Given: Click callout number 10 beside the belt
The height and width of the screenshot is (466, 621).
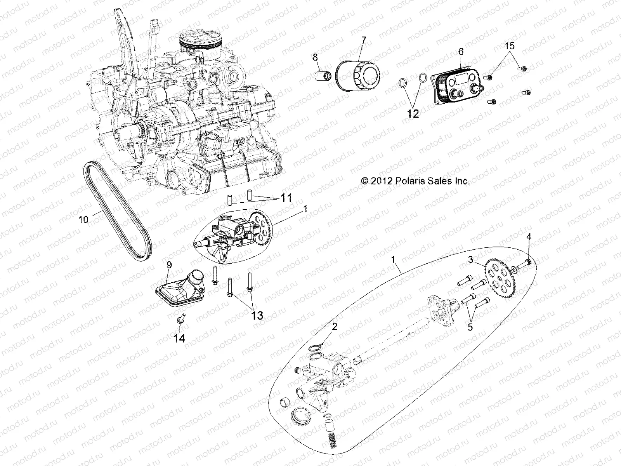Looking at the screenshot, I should [x=83, y=219].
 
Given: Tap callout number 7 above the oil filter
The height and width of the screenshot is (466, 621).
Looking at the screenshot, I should [x=363, y=40].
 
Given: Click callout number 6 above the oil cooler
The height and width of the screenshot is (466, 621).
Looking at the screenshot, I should [x=461, y=51].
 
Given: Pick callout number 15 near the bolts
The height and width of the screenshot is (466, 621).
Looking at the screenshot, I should [x=510, y=46].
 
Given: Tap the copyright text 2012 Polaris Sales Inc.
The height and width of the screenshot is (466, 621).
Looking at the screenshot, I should [x=415, y=181].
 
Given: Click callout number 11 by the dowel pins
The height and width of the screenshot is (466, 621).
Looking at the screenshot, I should [x=286, y=198].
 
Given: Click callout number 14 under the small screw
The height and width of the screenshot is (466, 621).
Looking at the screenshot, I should [x=179, y=338].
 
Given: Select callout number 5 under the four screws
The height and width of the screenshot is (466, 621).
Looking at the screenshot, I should [x=470, y=327].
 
